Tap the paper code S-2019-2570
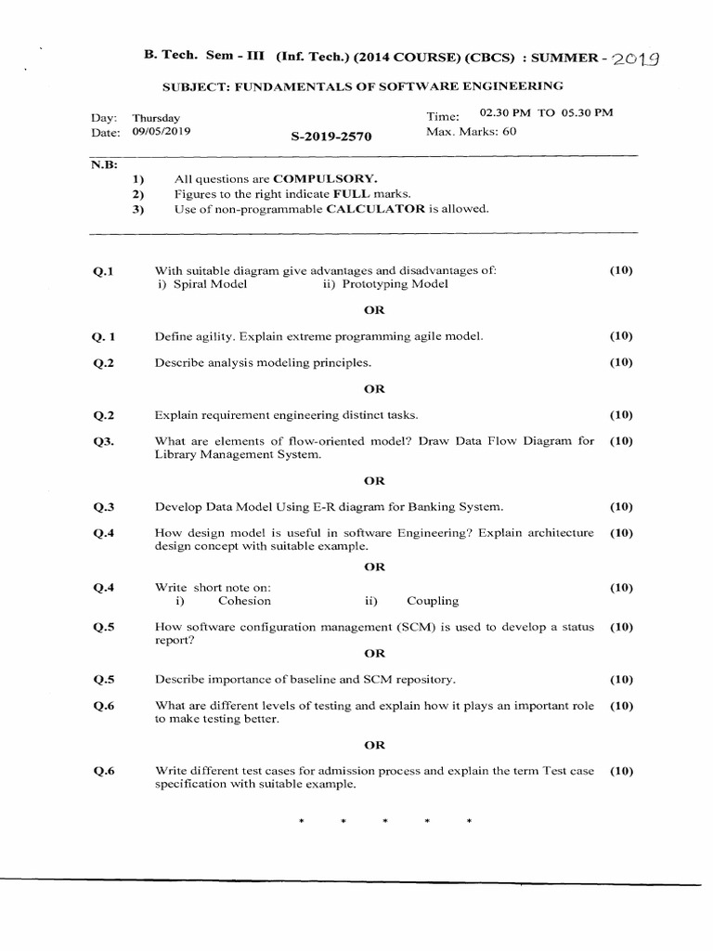pos(331,137)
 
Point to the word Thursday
pos(157,119)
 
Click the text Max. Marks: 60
pos(471,132)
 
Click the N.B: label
pos(100,163)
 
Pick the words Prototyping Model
pos(395,284)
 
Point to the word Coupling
pos(433,601)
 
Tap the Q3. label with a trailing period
pos(102,442)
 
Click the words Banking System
pos(457,507)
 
